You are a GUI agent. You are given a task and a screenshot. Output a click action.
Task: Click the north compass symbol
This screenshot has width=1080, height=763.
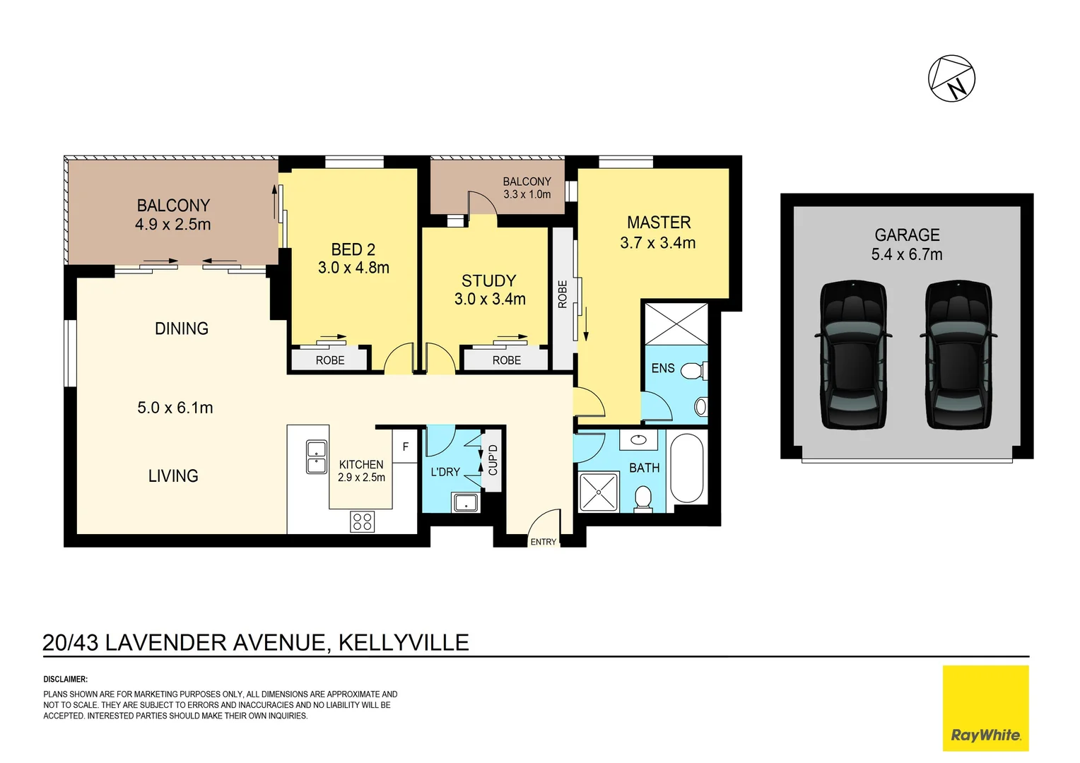[x=951, y=78]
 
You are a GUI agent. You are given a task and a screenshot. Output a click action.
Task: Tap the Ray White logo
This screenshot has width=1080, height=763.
[x=985, y=708]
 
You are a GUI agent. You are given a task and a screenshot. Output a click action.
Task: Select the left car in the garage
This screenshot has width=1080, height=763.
[x=852, y=355]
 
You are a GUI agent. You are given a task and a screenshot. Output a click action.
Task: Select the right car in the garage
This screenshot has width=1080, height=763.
[x=958, y=355]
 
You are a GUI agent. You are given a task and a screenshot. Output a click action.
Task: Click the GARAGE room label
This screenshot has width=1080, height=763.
[x=907, y=235]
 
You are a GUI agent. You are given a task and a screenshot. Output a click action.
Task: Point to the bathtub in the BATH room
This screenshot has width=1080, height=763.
[x=686, y=468]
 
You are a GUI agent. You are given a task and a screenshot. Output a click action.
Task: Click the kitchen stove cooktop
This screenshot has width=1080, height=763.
[x=362, y=522]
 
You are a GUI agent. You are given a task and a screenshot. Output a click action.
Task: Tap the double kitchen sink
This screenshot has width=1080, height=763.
[x=316, y=457]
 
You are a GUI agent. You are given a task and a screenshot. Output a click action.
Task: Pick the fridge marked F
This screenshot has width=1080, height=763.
[x=405, y=447]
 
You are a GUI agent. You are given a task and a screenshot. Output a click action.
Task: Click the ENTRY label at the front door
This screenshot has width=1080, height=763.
[x=543, y=542]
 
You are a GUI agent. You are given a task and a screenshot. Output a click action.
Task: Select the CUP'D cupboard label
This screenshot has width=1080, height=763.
[x=493, y=460]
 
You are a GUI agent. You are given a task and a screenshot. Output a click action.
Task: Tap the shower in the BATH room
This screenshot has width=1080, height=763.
[x=598, y=492]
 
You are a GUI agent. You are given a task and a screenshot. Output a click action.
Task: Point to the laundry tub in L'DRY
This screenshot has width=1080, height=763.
[x=465, y=503]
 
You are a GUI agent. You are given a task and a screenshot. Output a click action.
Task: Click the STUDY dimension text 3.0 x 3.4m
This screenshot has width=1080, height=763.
[x=490, y=300]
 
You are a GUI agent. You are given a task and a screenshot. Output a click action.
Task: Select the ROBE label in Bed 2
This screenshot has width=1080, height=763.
[x=330, y=360]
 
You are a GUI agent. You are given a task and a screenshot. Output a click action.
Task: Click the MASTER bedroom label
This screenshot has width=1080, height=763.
[x=659, y=223]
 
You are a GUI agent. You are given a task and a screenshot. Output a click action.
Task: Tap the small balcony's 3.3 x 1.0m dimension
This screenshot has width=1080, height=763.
[x=527, y=194]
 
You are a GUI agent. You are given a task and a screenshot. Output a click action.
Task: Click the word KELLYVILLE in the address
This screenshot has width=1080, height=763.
[x=404, y=642]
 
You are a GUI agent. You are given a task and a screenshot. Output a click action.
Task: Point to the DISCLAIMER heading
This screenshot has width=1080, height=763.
[x=65, y=679]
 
